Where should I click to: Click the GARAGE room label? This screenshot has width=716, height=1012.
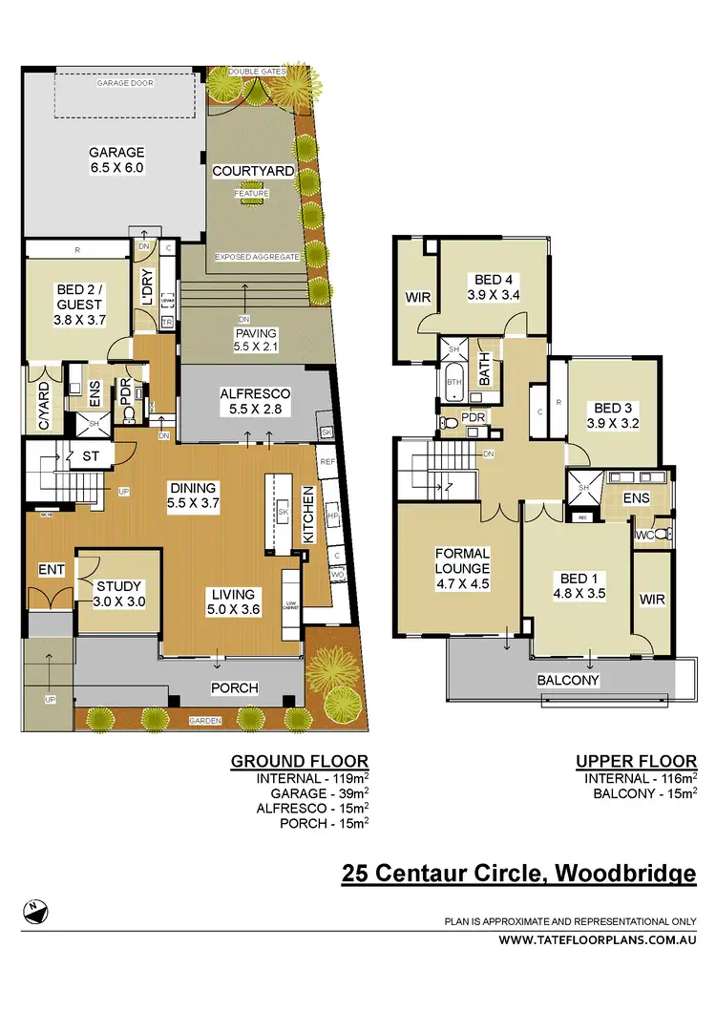[x=116, y=159]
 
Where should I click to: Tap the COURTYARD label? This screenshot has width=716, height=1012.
[x=253, y=171]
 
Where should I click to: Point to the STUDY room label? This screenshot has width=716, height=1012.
[x=119, y=594]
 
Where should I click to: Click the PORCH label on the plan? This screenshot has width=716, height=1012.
[x=234, y=687]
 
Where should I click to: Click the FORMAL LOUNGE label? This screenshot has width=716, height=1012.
[x=462, y=569]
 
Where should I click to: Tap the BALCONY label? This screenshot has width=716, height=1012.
[x=568, y=680]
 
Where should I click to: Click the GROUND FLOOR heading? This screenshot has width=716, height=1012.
[x=299, y=761]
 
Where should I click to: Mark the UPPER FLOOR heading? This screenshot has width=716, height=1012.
[x=635, y=761]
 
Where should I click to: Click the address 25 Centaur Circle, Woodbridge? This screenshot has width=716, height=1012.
[x=518, y=873]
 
